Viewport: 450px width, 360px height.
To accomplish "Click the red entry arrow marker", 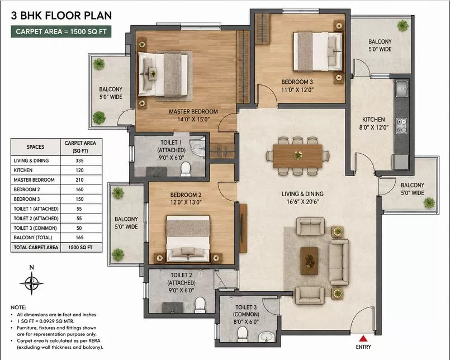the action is [x=363, y=338].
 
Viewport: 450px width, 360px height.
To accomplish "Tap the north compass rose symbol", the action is [x=31, y=283].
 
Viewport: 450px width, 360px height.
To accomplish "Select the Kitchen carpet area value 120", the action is [x=79, y=170].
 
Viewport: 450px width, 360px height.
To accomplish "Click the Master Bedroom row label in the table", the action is [x=34, y=180].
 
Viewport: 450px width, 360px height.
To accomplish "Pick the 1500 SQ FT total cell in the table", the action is [x=80, y=248].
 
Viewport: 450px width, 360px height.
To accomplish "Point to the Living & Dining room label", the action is [x=302, y=194].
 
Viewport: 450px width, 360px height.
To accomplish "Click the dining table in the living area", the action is [x=297, y=156].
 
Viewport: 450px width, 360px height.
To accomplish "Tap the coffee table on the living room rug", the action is [x=309, y=260].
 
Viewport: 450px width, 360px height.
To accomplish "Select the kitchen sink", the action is [x=401, y=89].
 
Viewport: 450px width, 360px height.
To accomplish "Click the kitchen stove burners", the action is [x=401, y=126].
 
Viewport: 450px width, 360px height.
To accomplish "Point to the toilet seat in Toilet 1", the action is [x=186, y=169].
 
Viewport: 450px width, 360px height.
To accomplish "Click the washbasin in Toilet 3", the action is [x=267, y=337].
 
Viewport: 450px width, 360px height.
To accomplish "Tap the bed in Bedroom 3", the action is [x=318, y=51].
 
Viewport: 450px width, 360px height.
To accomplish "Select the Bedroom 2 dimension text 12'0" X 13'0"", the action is [x=186, y=202].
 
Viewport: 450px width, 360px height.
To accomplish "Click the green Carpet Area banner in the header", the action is [x=61, y=31].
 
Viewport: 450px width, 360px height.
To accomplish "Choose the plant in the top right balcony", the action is [x=403, y=25].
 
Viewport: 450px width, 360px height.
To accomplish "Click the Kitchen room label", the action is [x=373, y=120].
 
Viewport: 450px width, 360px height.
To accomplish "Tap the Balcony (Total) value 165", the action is [x=79, y=238].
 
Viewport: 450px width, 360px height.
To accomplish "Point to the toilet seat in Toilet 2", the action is [x=200, y=305].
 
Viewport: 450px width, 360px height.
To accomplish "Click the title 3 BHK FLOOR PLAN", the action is [x=61, y=16].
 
